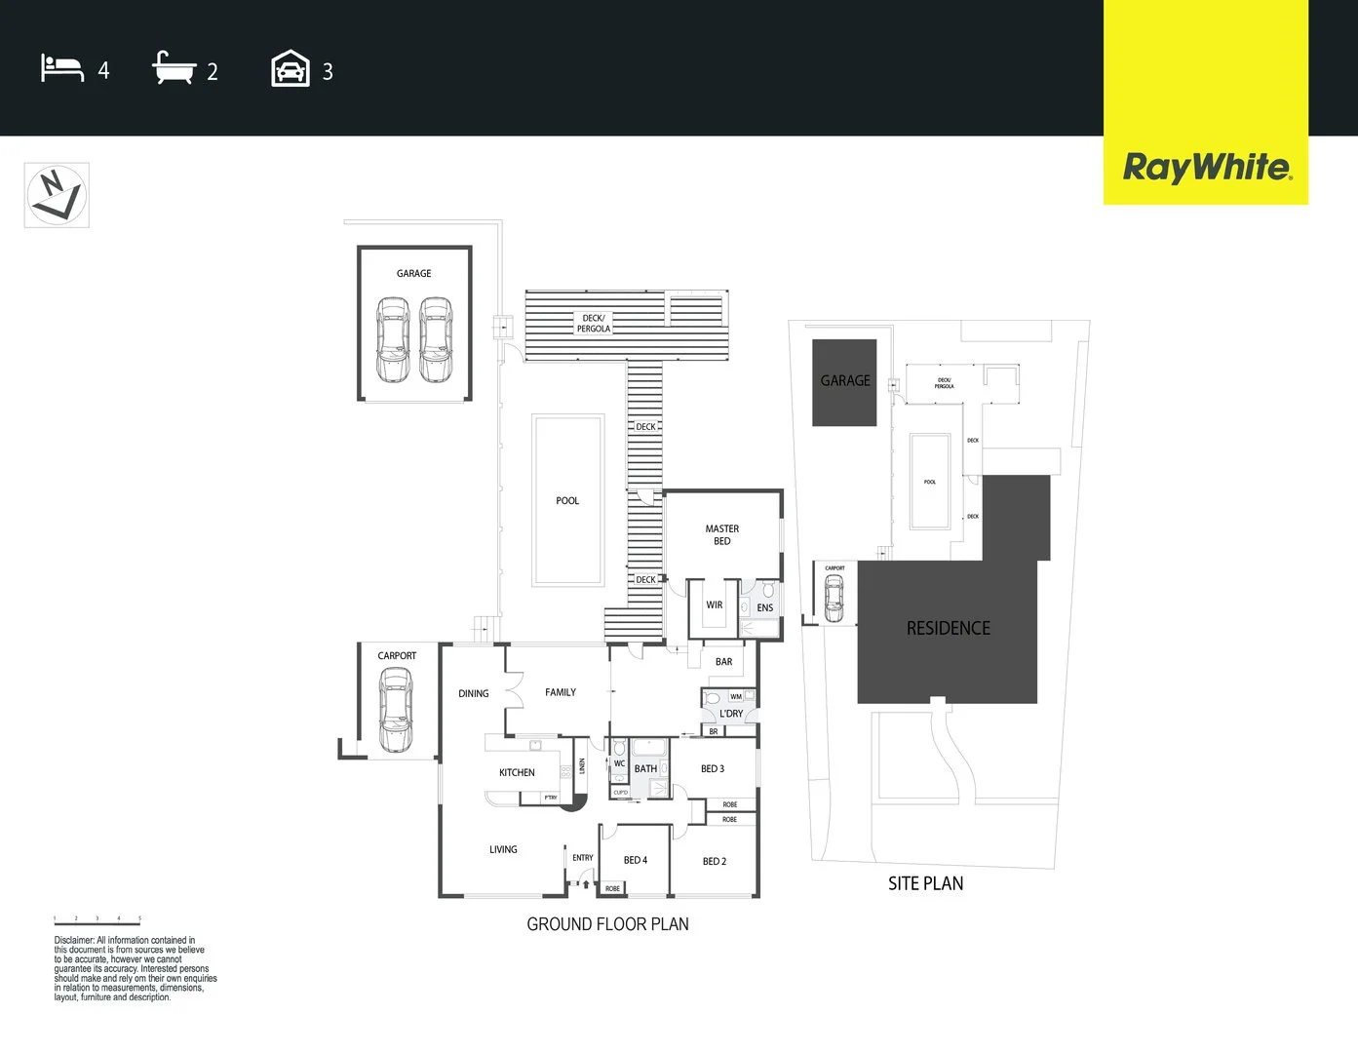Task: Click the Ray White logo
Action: click(1207, 167)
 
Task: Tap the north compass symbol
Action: click(57, 195)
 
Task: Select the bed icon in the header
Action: click(62, 69)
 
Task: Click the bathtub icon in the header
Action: click(175, 68)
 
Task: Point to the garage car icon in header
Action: click(291, 69)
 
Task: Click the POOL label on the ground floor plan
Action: click(567, 501)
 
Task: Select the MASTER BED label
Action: click(722, 534)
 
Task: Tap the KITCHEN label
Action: click(517, 772)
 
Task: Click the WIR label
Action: click(715, 605)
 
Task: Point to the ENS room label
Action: click(765, 608)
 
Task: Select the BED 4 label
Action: click(636, 860)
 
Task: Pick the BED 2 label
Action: click(715, 861)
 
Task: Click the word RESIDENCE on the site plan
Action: click(948, 629)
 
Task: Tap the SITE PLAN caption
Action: click(925, 883)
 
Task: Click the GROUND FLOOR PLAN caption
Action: click(607, 924)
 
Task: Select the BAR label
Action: click(723, 662)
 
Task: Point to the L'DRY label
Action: click(731, 714)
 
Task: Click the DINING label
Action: click(474, 694)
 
